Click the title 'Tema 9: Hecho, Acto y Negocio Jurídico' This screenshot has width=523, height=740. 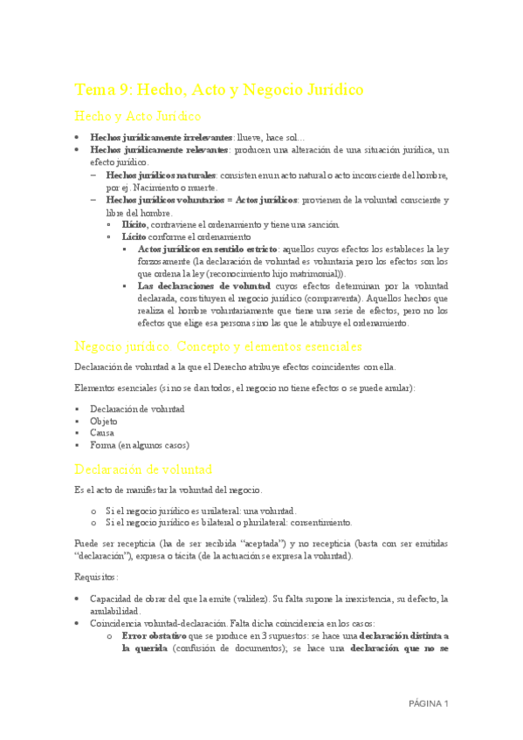[218, 90]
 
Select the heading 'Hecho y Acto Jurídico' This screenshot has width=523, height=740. [139, 116]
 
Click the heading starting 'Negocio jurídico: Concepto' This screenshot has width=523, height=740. [217, 346]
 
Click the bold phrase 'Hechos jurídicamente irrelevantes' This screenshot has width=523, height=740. [162, 138]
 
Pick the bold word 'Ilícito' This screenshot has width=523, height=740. [134, 224]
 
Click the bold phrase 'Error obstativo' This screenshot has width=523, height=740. [155, 636]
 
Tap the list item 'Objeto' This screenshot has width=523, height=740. [103, 421]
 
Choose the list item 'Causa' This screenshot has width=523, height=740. [102, 433]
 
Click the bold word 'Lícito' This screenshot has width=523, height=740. [134, 236]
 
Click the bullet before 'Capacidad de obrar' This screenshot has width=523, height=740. [78, 600]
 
